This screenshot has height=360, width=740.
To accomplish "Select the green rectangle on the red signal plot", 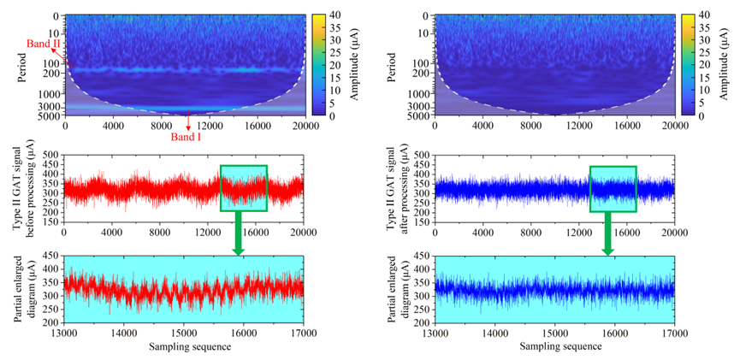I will point(244,187).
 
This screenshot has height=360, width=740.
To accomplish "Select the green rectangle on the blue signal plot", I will point(613,187).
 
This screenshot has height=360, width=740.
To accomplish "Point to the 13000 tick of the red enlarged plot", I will point(64,333).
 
